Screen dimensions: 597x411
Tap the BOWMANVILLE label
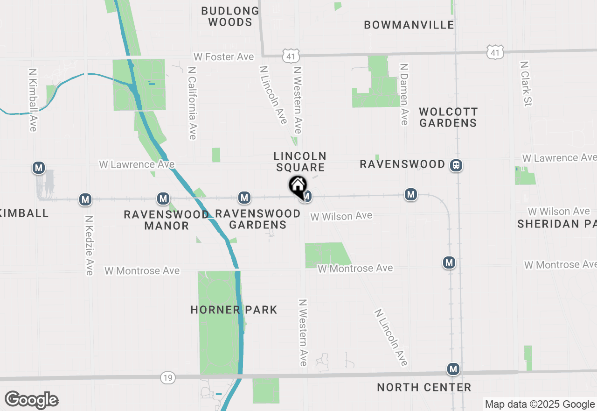click(x=409, y=25)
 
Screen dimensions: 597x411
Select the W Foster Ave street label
click(x=224, y=57)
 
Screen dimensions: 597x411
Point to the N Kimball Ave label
click(x=33, y=100)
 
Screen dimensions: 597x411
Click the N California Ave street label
click(x=192, y=103)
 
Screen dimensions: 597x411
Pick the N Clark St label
click(x=527, y=83)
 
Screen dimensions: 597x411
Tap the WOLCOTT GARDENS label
click(x=448, y=117)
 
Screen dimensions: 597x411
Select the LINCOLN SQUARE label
click(x=300, y=162)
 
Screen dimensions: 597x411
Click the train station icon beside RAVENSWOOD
click(x=456, y=165)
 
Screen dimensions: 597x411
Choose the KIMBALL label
click(x=24, y=213)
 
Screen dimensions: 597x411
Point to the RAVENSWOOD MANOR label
click(x=167, y=220)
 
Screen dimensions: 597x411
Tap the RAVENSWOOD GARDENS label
click(x=257, y=219)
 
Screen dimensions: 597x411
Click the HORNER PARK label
click(x=234, y=310)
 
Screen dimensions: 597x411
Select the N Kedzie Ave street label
click(x=89, y=245)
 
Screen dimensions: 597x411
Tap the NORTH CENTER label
click(x=424, y=387)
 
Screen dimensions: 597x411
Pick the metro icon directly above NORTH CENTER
click(x=453, y=369)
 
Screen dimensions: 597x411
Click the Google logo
click(x=31, y=400)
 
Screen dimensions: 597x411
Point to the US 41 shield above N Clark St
click(x=494, y=53)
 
